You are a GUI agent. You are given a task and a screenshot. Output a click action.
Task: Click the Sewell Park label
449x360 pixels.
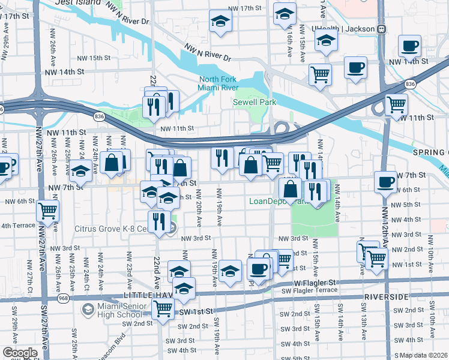255,103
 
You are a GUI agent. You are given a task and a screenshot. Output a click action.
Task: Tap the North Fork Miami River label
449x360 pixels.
223,84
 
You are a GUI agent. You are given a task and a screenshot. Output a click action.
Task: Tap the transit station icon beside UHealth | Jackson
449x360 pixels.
381,29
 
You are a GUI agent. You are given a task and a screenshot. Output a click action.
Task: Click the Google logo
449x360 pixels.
20,353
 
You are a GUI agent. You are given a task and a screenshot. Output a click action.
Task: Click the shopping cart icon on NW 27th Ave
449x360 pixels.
47,211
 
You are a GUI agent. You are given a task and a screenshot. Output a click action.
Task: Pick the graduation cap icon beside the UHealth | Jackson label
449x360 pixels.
327,41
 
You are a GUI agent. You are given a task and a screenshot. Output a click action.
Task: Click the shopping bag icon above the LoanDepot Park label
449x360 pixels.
291,188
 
